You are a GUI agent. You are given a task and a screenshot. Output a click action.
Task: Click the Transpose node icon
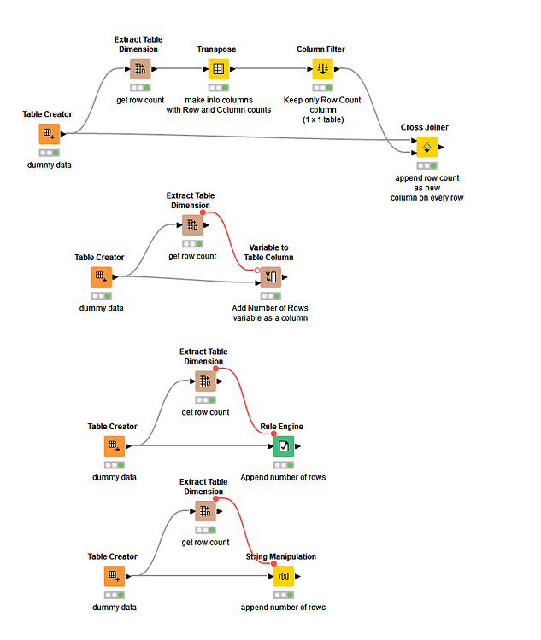[x=218, y=69]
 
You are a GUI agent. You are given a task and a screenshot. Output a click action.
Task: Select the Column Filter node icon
[x=321, y=69]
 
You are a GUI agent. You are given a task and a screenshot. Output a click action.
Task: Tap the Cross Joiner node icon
[x=426, y=147]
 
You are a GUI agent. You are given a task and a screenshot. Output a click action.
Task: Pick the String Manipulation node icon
[x=283, y=576]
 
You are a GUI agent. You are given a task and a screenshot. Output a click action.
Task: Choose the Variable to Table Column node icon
[x=270, y=277]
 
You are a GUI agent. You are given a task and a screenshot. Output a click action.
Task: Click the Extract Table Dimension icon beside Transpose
[x=141, y=69]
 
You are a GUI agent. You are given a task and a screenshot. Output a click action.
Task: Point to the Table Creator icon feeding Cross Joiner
[x=49, y=134]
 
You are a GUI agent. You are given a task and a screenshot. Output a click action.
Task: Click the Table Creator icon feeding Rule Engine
[x=114, y=446]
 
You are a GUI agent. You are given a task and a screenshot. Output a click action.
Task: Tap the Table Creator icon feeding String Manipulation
[x=114, y=576]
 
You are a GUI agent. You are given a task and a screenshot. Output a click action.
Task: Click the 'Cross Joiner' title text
[x=425, y=127]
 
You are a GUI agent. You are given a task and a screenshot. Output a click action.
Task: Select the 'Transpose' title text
[x=217, y=49]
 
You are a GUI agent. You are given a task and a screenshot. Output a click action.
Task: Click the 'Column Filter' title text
[x=320, y=49]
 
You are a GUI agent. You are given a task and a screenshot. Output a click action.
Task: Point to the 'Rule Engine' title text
[x=282, y=427]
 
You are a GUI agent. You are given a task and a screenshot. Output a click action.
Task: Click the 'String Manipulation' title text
[x=281, y=556]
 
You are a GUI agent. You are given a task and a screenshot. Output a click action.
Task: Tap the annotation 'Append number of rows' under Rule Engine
[x=283, y=477]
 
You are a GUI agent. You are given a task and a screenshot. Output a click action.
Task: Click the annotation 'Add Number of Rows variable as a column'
[x=270, y=313]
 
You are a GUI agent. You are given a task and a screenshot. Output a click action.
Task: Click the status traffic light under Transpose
[x=218, y=87]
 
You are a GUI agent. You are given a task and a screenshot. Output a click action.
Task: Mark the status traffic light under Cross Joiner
[x=426, y=166]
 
